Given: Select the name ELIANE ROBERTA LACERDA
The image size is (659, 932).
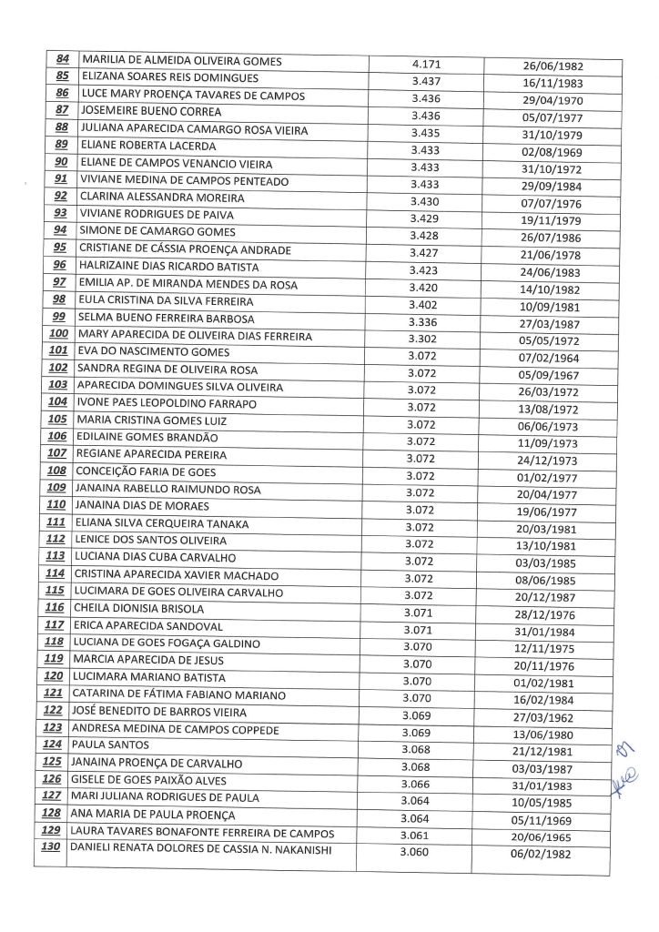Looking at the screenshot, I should coord(147,146).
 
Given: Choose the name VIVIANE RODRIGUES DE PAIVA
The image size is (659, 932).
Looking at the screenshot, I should coord(157,215).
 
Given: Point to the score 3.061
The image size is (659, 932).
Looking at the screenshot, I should coord(417,834).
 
